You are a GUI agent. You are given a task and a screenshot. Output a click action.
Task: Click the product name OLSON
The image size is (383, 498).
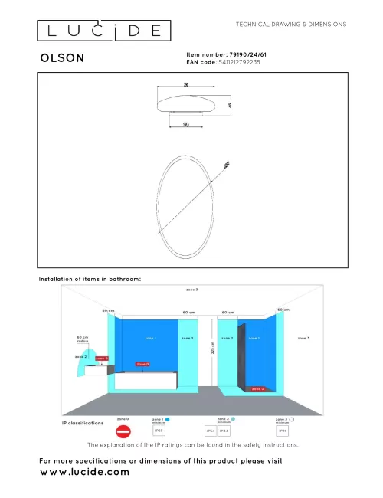63,57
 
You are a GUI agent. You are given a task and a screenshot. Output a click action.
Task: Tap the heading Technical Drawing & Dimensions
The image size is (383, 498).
291,24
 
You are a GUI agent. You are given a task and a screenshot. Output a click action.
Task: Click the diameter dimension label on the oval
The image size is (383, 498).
226,164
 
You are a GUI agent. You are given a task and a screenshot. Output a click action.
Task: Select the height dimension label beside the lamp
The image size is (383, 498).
228,105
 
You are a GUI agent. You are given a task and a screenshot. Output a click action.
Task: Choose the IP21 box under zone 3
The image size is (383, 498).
283,431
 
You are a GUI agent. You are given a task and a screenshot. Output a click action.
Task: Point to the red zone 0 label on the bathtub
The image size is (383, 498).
142,364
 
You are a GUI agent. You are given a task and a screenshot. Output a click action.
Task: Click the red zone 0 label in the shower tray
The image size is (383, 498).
257,389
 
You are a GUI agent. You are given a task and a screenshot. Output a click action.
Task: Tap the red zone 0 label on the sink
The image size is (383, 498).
101,359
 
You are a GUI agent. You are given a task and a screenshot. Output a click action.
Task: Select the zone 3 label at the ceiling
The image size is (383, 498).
191,290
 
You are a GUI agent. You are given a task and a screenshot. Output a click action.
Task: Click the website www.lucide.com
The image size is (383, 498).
84,472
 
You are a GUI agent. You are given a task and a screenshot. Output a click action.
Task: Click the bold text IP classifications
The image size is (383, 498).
83,423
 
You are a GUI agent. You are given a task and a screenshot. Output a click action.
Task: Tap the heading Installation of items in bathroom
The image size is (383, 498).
90,280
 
